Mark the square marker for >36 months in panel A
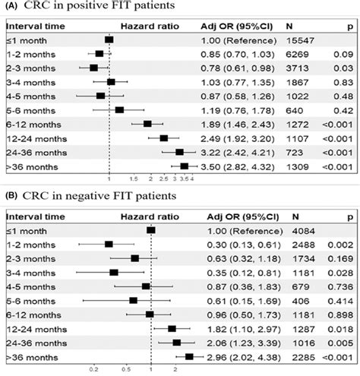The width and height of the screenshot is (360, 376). coord(184,166)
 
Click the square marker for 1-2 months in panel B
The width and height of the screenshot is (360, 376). coord(109,244)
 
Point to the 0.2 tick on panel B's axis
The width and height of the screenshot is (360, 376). coord(94,370)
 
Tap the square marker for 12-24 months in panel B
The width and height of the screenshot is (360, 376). coord(172,328)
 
